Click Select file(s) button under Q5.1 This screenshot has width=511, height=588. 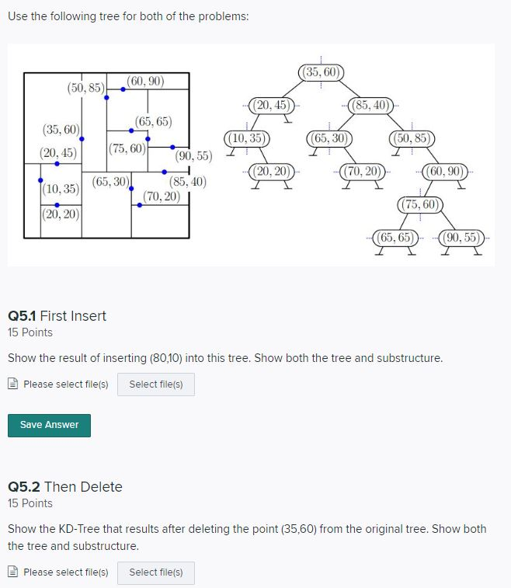coord(155,384)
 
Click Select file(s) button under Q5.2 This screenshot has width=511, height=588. coord(155,572)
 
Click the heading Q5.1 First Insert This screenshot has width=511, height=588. coord(57,315)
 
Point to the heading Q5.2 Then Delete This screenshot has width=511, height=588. coord(64,486)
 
